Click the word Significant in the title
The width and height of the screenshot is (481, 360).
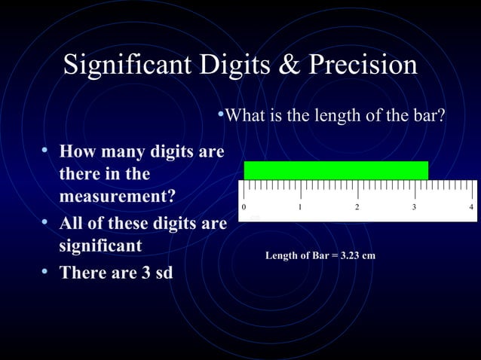coord(126,66)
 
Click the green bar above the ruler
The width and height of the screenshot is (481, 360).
coord(335,170)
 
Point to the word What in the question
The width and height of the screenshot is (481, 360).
coord(243,117)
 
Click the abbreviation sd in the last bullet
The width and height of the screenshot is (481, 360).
coord(163,272)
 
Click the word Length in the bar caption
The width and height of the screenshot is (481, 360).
coord(281,256)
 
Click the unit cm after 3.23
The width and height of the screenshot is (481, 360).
coord(369,256)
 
